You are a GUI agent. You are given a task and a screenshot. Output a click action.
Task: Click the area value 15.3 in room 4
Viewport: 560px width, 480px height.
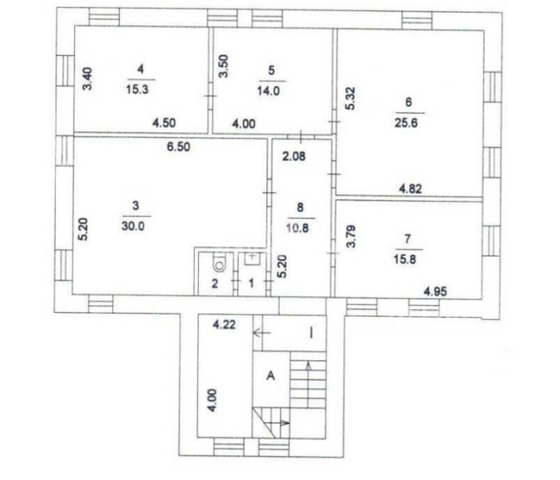tap(137, 90)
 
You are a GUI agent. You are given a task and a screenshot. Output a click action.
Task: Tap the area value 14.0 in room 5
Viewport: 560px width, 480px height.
tap(268, 91)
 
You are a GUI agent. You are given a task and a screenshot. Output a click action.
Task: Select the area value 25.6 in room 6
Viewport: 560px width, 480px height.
tap(406, 123)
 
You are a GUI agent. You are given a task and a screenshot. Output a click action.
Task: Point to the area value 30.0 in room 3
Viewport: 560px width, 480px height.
tap(133, 226)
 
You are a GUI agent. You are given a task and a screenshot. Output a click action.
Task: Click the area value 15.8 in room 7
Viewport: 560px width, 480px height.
tap(405, 259)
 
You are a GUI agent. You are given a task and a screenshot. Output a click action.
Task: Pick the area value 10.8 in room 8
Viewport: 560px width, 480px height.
tap(297, 228)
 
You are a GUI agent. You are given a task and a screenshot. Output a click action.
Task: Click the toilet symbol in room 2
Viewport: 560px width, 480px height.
tap(218, 263)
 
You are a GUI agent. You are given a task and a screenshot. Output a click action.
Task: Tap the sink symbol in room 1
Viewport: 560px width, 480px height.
tap(252, 258)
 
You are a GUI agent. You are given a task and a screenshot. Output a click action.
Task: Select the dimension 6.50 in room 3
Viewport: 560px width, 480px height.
tap(179, 146)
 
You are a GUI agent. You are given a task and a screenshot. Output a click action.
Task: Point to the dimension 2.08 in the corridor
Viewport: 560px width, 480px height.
tap(294, 156)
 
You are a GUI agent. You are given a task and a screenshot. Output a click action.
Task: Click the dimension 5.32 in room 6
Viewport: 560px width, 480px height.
tap(351, 98)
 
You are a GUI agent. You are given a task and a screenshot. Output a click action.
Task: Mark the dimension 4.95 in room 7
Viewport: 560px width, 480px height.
tap(435, 291)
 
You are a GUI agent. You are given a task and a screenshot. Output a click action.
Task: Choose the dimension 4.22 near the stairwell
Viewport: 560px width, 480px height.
tap(224, 325)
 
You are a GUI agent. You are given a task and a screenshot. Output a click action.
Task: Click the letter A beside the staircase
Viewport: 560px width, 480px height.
tap(271, 376)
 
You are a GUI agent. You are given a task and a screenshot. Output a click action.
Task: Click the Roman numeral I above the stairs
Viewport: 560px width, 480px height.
tap(311, 334)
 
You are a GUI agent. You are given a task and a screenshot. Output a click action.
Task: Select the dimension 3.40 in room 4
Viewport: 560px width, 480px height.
tap(87, 79)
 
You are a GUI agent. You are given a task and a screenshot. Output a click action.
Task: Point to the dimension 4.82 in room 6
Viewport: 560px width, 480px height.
tap(410, 189)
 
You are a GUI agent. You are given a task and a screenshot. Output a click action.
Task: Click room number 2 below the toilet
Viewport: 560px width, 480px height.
tap(215, 284)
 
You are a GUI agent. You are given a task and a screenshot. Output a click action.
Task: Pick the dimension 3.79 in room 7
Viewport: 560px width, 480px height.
tap(351, 236)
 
